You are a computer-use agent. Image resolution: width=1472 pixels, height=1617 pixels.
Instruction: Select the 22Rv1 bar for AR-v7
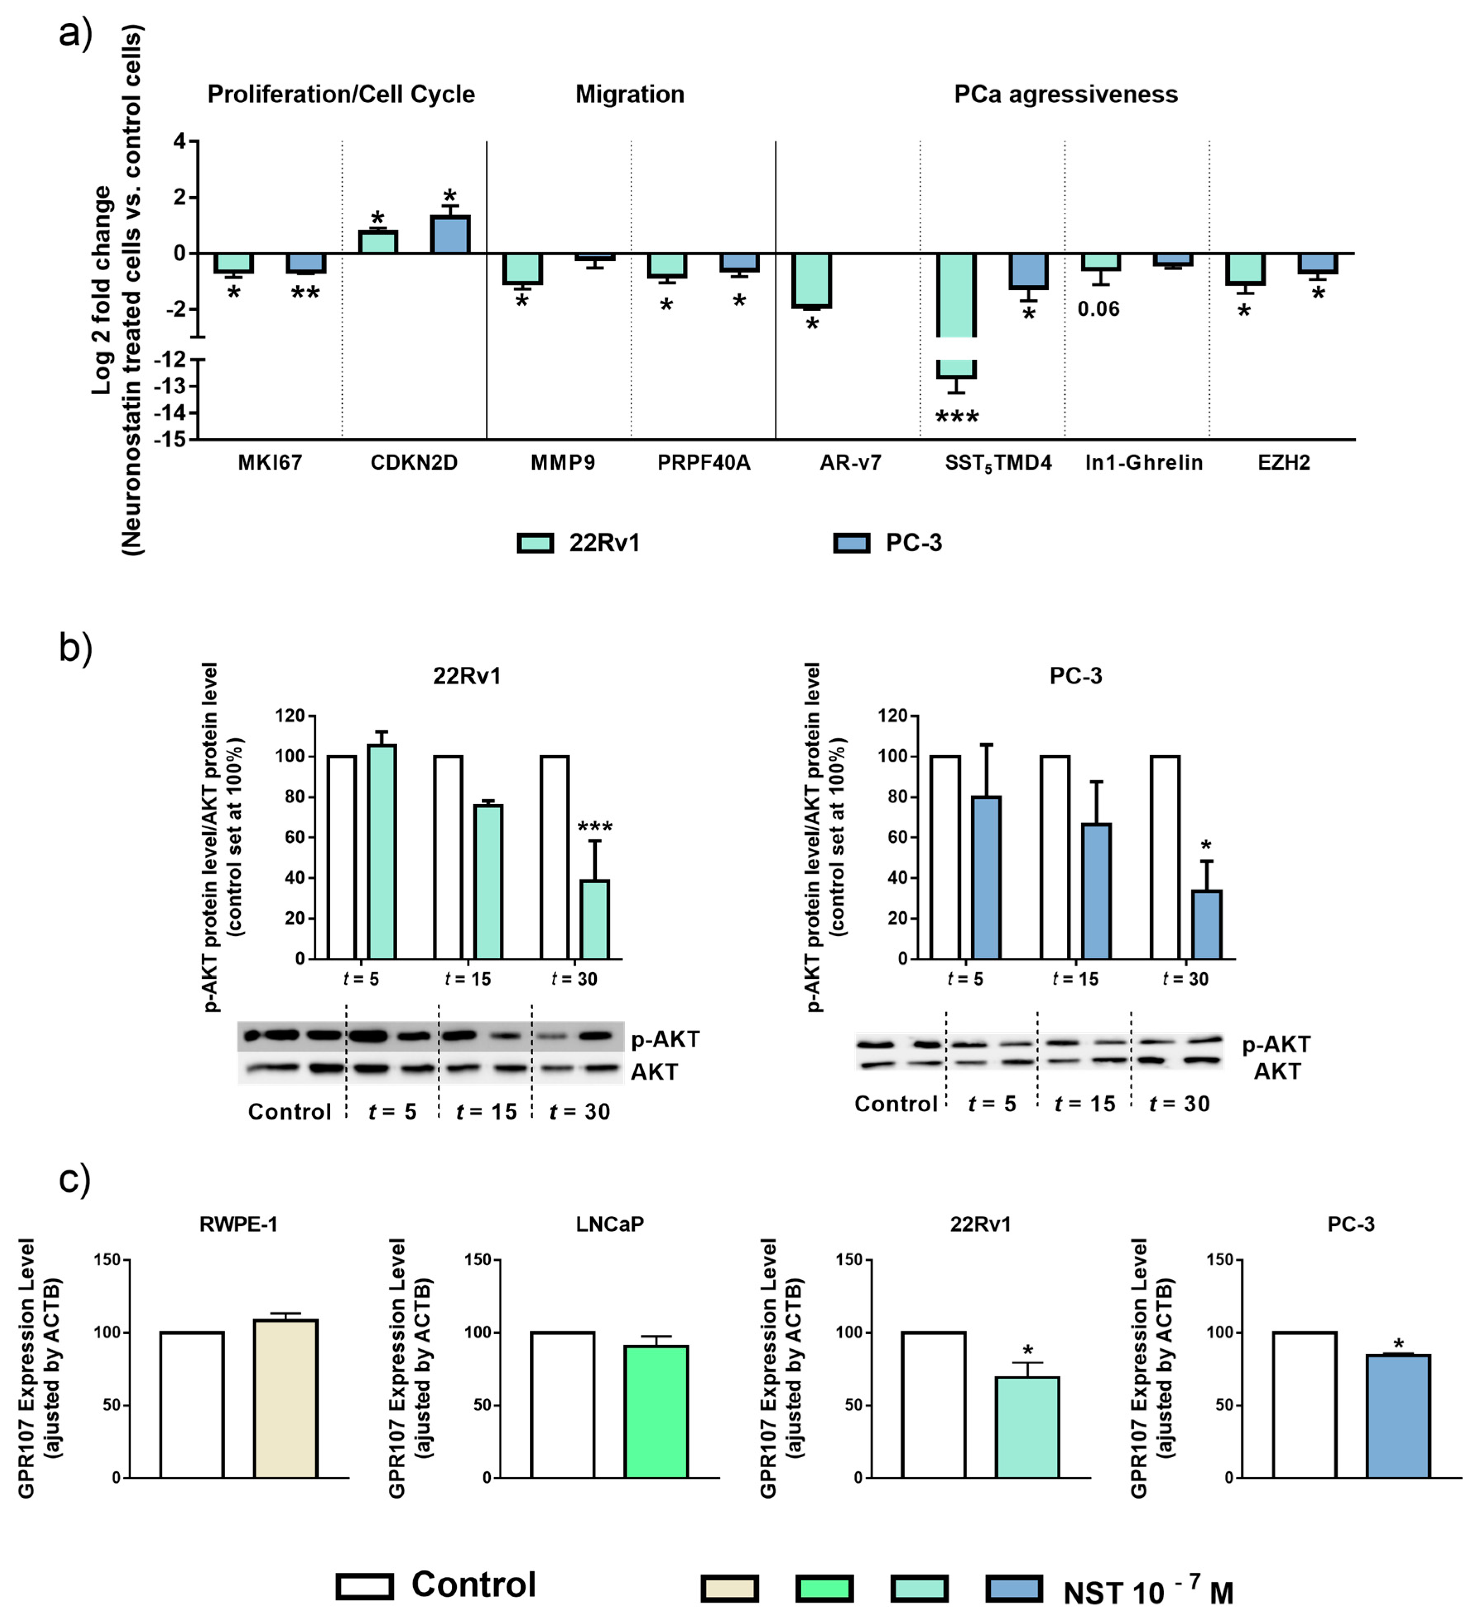[812, 281]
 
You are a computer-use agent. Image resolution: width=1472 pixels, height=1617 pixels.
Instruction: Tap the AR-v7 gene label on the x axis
[850, 463]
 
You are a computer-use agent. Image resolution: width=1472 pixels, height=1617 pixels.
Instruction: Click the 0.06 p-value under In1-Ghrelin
[1098, 309]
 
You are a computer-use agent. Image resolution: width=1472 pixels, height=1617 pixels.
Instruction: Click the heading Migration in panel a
[630, 95]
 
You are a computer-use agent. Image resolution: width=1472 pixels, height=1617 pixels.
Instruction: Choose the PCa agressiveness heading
[1065, 95]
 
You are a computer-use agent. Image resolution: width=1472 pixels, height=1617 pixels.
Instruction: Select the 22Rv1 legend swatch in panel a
[535, 543]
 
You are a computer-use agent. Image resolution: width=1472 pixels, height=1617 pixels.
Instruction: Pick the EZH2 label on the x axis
[1283, 463]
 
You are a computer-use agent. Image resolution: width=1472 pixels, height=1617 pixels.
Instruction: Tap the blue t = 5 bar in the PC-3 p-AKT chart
[986, 877]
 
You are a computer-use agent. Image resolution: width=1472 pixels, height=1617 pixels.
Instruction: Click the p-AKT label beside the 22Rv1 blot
[665, 1040]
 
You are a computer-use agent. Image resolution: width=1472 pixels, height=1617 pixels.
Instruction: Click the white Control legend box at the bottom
[365, 1586]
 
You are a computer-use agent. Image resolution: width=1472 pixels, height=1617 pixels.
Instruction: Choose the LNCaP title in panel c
[610, 1224]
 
